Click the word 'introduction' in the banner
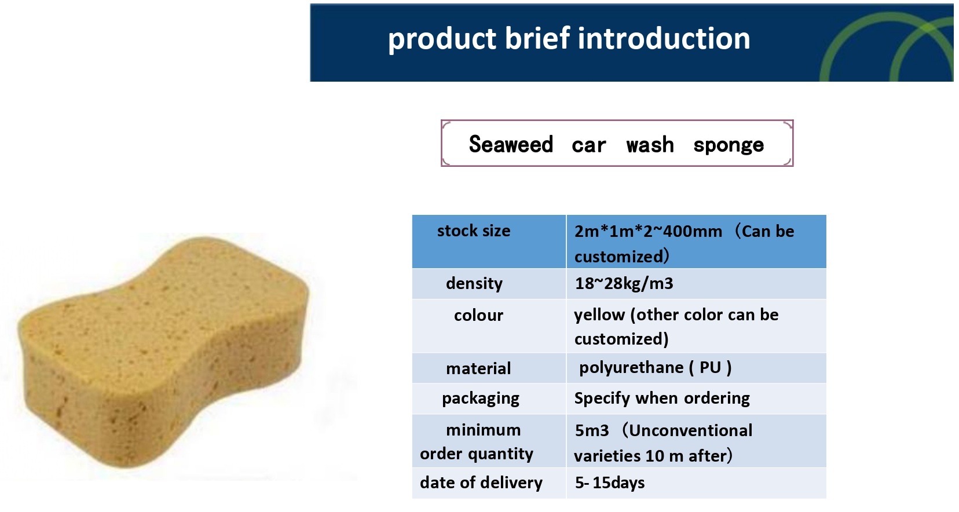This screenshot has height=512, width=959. [664, 38]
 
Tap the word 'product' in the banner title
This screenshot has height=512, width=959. [442, 39]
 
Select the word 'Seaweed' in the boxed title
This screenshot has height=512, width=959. [511, 144]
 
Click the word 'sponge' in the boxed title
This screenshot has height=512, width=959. [729, 145]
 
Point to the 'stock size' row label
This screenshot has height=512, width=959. [474, 231]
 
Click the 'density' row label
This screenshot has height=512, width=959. [474, 283]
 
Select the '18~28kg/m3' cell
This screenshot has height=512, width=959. [624, 283]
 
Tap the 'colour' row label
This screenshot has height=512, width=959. [478, 316]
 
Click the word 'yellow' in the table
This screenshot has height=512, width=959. [599, 315]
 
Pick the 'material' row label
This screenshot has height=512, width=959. [478, 368]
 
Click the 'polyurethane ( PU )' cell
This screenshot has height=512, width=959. [655, 368]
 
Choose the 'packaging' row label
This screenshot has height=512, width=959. [480, 398]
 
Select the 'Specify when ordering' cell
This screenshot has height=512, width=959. [662, 398]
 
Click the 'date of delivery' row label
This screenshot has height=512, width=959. [481, 483]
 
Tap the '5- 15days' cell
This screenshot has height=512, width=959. [610, 483]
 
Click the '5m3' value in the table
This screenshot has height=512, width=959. [592, 430]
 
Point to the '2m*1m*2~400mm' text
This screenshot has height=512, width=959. [648, 231]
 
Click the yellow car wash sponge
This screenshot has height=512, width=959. [163, 351]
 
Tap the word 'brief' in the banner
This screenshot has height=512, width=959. [537, 38]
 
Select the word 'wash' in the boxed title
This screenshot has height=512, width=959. [650, 144]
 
